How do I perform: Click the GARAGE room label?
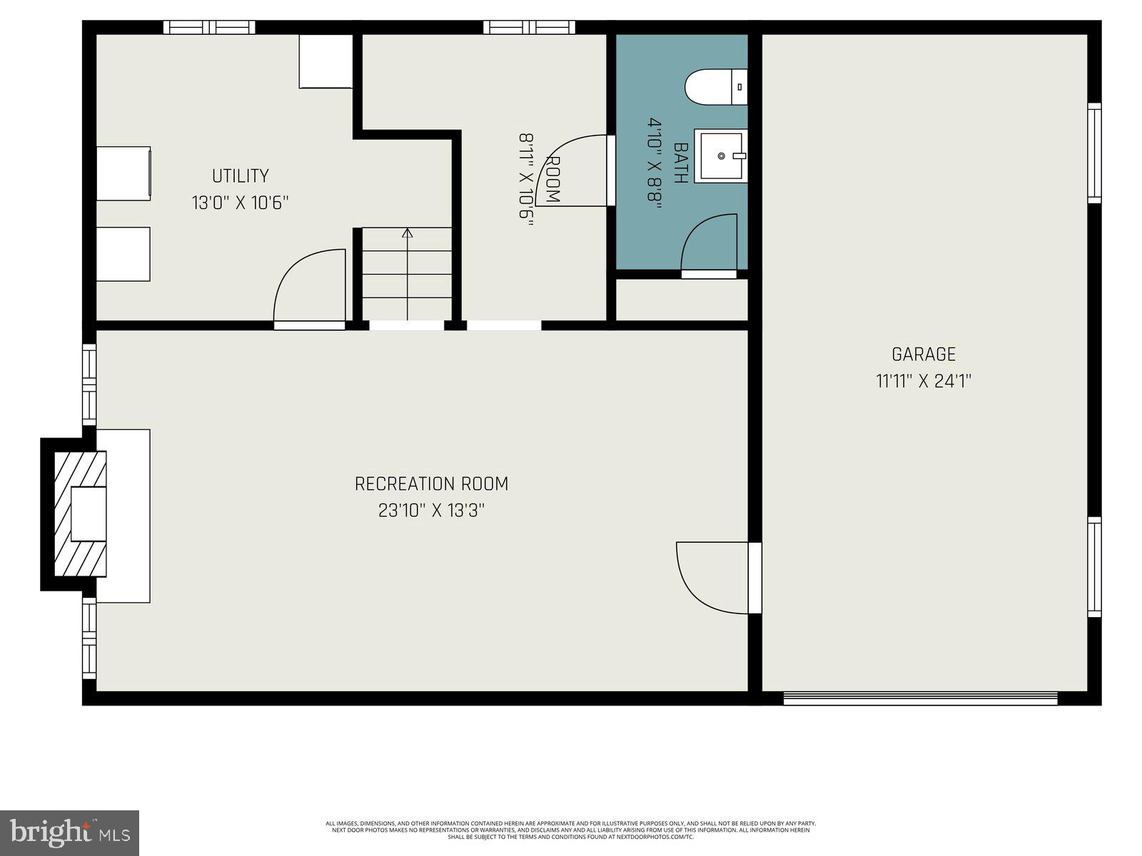pyautogui.click(x=924, y=354)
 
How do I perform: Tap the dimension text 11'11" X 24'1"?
pyautogui.click(x=924, y=381)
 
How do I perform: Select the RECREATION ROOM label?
pyautogui.click(x=431, y=484)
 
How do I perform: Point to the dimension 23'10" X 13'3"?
pyautogui.click(x=431, y=511)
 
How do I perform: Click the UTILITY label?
pyautogui.click(x=240, y=175)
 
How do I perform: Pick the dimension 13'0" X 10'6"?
pyautogui.click(x=240, y=203)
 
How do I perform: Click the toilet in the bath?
pyautogui.click(x=714, y=87)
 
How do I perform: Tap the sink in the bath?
pyautogui.click(x=721, y=156)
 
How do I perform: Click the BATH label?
pyautogui.click(x=681, y=163)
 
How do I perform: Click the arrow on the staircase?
pyautogui.click(x=408, y=233)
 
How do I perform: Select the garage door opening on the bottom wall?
pyautogui.click(x=921, y=698)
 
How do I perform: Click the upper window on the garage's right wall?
pyautogui.click(x=1094, y=153)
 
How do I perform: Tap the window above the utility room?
pyautogui.click(x=209, y=27)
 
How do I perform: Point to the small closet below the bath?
pyautogui.click(x=682, y=300)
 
